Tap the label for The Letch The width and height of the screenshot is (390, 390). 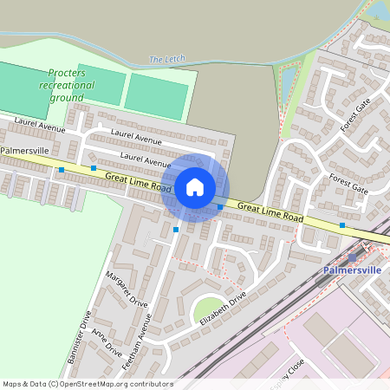pos(167,59)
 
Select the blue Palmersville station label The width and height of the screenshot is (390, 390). pos(352,270)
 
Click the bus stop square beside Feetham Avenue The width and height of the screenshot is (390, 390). pos(176,230)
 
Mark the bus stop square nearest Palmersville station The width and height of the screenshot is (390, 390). pos(342,225)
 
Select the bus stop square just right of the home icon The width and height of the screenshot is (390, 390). pos(220,207)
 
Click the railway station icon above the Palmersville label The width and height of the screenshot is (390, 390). pos(352,257)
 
